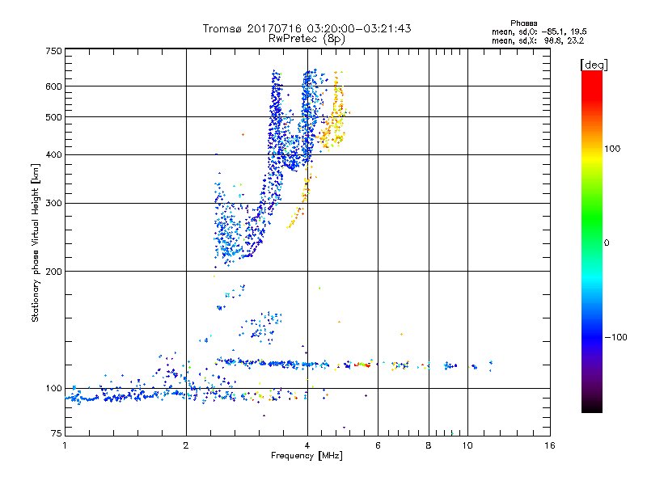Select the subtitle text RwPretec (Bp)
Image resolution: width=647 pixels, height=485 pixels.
[x=307, y=38]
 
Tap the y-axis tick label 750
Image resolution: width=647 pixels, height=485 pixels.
[x=53, y=50]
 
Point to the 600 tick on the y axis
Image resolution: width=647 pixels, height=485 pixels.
[x=53, y=86]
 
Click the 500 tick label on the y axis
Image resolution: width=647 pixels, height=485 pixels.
[x=53, y=116]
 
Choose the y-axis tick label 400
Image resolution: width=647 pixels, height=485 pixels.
[x=53, y=154]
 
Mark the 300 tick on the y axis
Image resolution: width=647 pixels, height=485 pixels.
[x=53, y=203]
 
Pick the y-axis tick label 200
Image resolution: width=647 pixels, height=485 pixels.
[x=53, y=271]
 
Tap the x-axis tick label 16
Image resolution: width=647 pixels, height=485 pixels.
[x=549, y=445]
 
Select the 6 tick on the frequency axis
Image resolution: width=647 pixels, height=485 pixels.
[x=378, y=445]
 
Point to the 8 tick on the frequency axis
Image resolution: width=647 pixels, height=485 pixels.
[x=429, y=445]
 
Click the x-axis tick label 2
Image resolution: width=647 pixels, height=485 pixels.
[x=186, y=445]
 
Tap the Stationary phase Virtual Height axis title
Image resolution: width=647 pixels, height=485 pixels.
[x=36, y=242]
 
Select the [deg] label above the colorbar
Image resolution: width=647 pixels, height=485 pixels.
[x=594, y=64]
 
